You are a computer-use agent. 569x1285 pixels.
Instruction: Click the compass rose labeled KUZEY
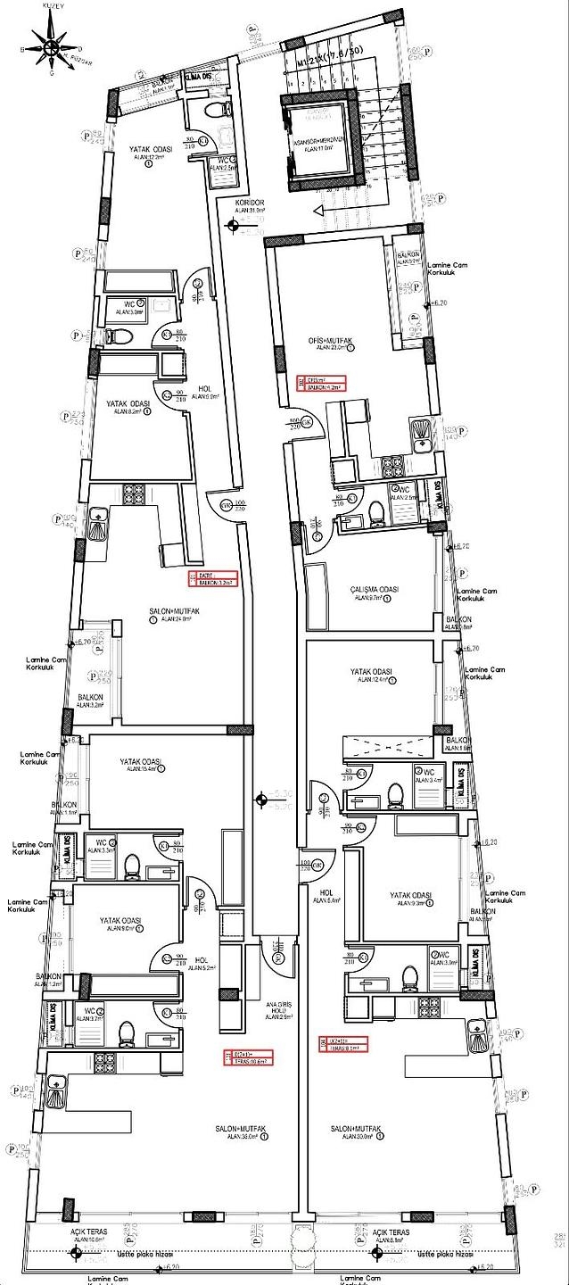[x=51, y=46]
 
